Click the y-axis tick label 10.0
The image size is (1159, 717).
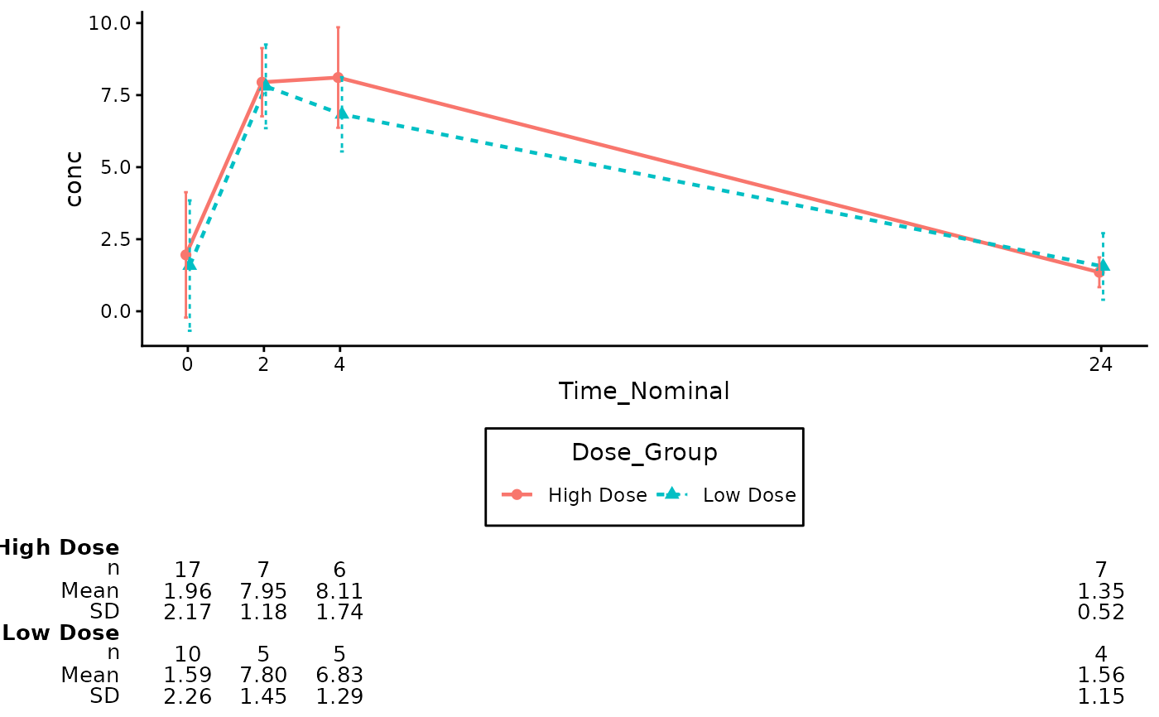tap(109, 22)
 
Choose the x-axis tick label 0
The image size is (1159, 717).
tap(187, 363)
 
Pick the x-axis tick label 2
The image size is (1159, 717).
tap(263, 363)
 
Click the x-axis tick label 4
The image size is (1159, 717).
tap(339, 363)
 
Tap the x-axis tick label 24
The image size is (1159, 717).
tap(1100, 363)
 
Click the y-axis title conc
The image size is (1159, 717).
tap(75, 178)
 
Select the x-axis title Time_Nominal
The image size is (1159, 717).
tap(644, 391)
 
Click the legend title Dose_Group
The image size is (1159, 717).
tap(644, 453)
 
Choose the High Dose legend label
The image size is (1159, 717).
tap(597, 495)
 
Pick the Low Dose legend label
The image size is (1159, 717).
tap(749, 495)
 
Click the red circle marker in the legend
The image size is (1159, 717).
tap(517, 495)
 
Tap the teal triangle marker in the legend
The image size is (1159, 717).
tap(672, 494)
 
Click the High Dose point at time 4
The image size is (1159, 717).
tap(338, 78)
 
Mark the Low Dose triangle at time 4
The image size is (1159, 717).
tap(342, 113)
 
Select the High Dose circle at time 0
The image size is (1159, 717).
tap(185, 255)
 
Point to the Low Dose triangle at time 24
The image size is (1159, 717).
tap(1104, 266)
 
